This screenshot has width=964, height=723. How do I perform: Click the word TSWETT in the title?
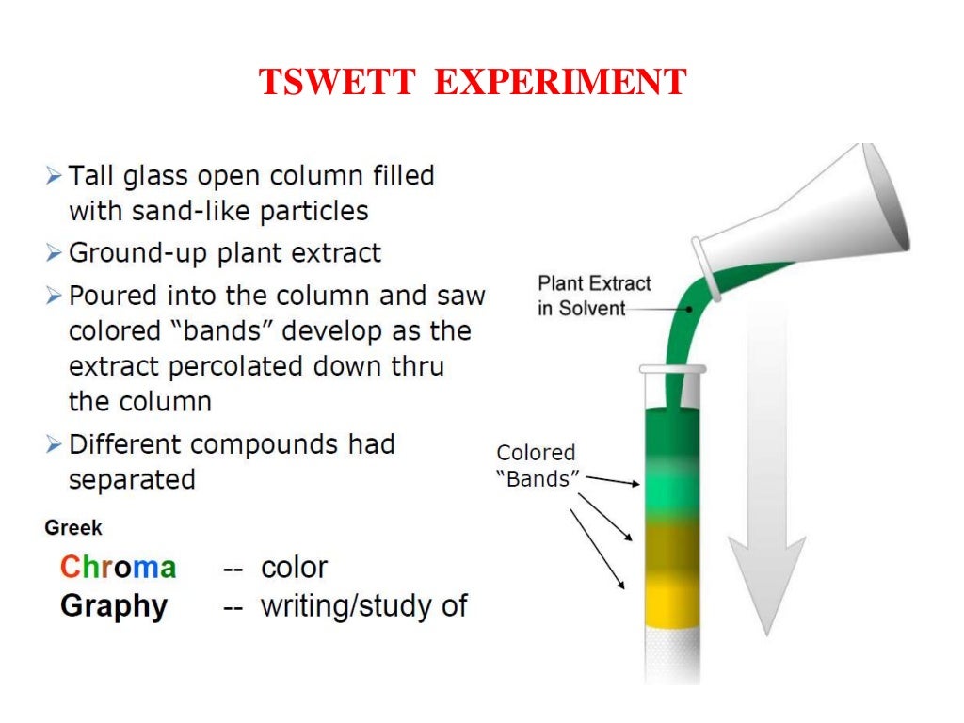pyautogui.click(x=337, y=83)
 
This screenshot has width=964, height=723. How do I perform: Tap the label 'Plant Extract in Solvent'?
pyautogui.click(x=593, y=296)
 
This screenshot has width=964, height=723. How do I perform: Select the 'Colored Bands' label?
pyautogui.click(x=536, y=466)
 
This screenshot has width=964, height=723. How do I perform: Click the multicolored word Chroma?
pyautogui.click(x=118, y=568)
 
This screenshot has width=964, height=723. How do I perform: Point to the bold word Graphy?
pyautogui.click(x=113, y=605)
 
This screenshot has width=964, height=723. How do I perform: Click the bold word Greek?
pyautogui.click(x=72, y=528)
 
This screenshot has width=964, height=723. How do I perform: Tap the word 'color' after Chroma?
pyautogui.click(x=294, y=568)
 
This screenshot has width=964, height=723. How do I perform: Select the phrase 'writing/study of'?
pyautogui.click(x=363, y=605)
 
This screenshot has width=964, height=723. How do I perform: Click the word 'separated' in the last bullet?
pyautogui.click(x=132, y=479)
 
